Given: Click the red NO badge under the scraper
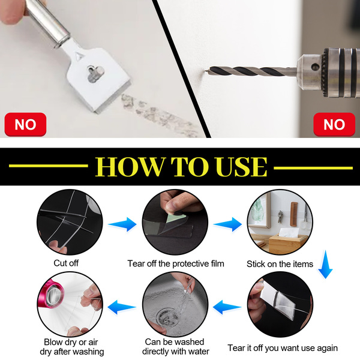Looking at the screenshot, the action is [x=25, y=124].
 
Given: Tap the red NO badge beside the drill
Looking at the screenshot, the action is [x=334, y=124].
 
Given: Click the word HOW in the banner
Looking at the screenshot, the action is [x=130, y=167].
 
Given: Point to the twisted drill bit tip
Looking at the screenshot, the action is [x=206, y=70].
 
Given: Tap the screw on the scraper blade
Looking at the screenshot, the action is [x=95, y=73].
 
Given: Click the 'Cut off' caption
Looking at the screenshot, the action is [x=66, y=263].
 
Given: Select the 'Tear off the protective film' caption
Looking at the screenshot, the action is [x=176, y=263].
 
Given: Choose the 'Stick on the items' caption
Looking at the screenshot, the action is [x=280, y=264].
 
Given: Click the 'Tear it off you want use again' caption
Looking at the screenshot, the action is [x=283, y=348].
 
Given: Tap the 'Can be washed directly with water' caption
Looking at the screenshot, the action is [x=175, y=347].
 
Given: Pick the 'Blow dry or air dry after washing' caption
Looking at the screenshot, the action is [x=71, y=347].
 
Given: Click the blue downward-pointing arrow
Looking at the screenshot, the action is [x=325, y=265].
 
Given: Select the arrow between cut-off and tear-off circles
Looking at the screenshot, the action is [x=122, y=224].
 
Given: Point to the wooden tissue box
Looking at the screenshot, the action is [x=287, y=244].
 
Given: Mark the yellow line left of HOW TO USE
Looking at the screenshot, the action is [x=49, y=166].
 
